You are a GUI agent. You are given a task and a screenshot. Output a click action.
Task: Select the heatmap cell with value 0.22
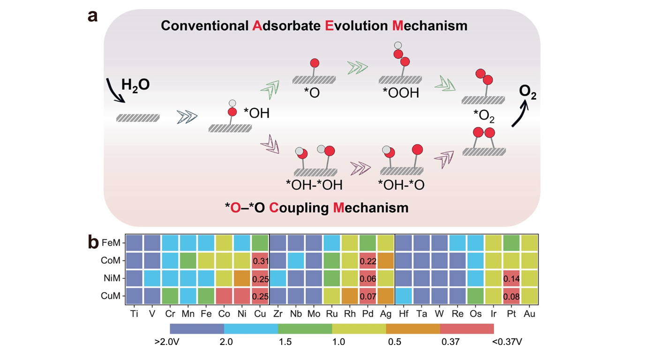click(x=368, y=261)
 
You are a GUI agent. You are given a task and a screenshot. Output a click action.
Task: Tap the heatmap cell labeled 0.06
click(x=368, y=278)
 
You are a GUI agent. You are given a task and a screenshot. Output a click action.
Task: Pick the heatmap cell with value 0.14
click(x=511, y=278)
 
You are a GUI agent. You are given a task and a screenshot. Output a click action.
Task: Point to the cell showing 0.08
click(x=511, y=296)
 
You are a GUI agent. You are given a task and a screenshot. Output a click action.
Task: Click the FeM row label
click(x=111, y=243)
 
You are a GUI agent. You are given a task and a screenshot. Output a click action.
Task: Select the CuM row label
click(x=111, y=296)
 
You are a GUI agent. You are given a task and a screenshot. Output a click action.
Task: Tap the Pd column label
click(x=368, y=314)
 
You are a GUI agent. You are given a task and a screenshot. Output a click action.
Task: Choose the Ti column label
click(x=134, y=314)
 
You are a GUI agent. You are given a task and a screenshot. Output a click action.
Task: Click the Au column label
click(x=529, y=314)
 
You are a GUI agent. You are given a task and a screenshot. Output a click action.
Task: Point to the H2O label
click(x=135, y=85)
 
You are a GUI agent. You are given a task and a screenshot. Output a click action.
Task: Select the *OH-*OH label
click(x=314, y=185)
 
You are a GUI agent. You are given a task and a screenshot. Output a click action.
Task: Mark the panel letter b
click(x=93, y=241)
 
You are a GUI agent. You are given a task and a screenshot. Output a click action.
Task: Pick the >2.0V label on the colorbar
click(x=167, y=342)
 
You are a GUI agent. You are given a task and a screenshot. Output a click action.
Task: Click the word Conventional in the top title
click(x=204, y=25)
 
